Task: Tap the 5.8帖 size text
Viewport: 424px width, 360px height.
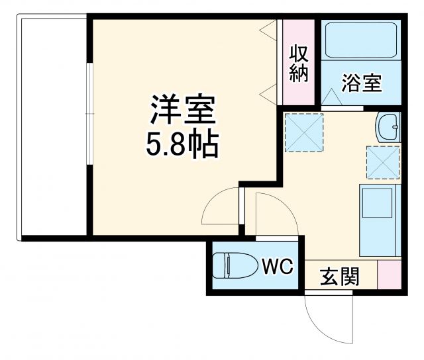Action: pyautogui.click(x=183, y=144)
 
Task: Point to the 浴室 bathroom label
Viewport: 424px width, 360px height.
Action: pyautogui.click(x=361, y=83)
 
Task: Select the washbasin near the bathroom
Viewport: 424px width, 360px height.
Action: pyautogui.click(x=388, y=126)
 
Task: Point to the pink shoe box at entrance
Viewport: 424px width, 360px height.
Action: pyautogui.click(x=390, y=274)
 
